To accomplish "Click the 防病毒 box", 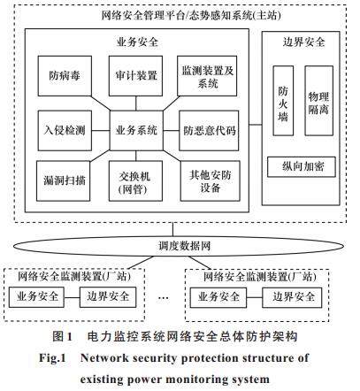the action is pos(65,76).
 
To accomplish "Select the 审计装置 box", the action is pos(135,76).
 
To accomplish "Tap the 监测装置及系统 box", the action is pos(207,76).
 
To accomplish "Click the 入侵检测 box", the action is pos(65,130).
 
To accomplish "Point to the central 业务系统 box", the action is pos(136,130).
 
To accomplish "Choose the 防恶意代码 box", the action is pos(209,130).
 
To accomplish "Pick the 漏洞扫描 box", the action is pos(64,180).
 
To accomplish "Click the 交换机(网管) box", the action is pos(135,180).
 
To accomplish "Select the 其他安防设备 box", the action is pos(211,180).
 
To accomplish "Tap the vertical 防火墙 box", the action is pos(283,101).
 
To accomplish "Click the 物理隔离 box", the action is pos(319,101).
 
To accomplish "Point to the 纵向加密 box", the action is pos(302,167).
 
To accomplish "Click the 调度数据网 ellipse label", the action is pos(184,246).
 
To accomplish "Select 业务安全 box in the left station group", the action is pos(36,297).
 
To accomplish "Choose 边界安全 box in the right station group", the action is pos(292,297).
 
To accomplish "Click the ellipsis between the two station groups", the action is pos(164,298).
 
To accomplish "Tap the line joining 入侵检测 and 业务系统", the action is pos(101,130).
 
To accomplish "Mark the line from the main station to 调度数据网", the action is pos(173,229).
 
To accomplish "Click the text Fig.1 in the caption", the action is pos(52,358).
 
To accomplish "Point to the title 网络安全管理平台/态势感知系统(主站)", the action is pos(191,15).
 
